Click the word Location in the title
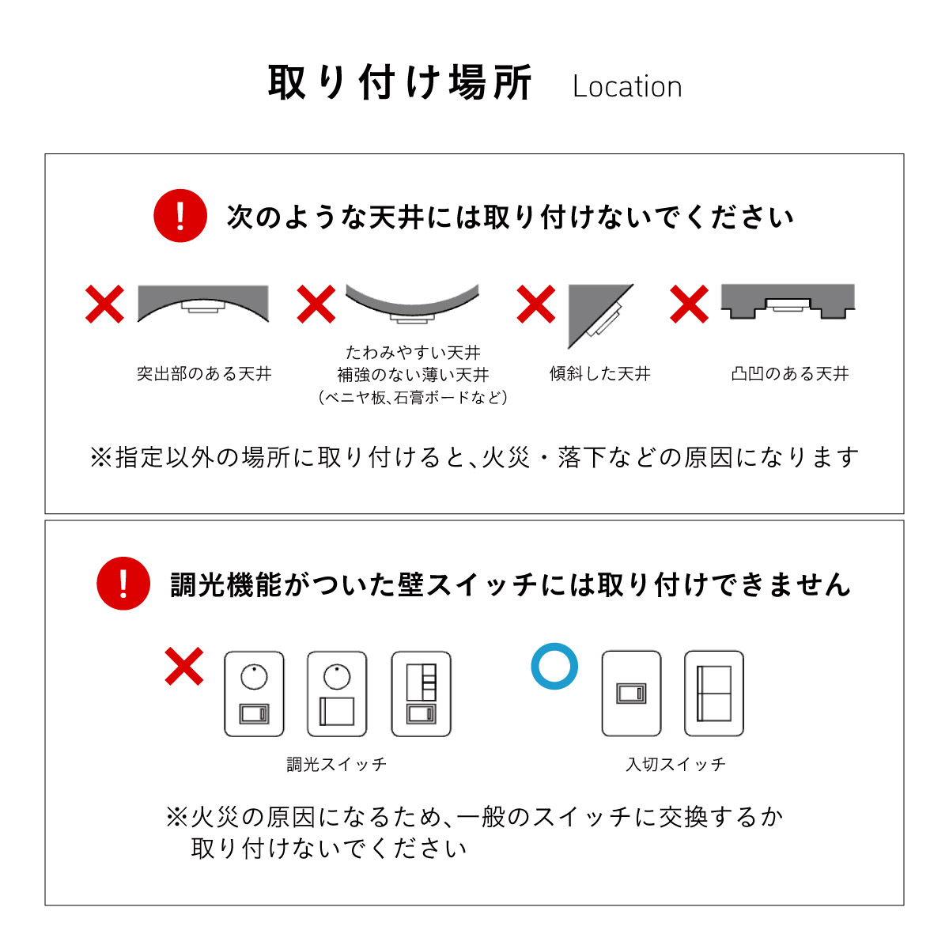coord(627,87)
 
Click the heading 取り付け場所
coord(400,82)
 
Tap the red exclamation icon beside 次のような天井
coord(180,216)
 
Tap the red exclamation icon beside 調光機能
coord(123,584)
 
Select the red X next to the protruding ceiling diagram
coord(104,304)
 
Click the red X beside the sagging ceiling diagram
coord(316,304)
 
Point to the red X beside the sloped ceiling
coord(536,304)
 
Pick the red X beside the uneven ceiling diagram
coord(689,304)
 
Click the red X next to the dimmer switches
coord(183,667)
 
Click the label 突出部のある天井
coord(204,374)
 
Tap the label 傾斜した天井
coord(599,374)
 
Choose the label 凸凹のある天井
coord(790,374)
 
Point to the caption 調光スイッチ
coord(337,764)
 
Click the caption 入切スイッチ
coord(675,764)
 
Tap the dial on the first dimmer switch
coord(254,677)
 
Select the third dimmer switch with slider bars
coord(421,694)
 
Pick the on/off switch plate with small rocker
coord(631,694)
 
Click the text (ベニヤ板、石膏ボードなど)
coord(413,398)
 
